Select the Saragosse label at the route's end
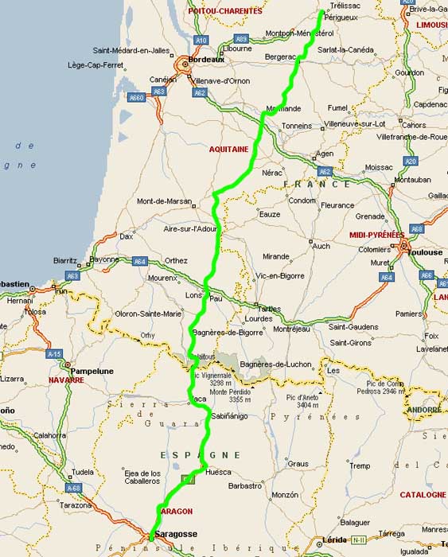177,533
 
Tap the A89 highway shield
241,37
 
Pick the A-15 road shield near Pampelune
54,353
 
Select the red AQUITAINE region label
229,149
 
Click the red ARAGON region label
177,511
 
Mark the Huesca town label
218,472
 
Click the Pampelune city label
92,371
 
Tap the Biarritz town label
65,260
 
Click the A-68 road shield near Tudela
74,488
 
